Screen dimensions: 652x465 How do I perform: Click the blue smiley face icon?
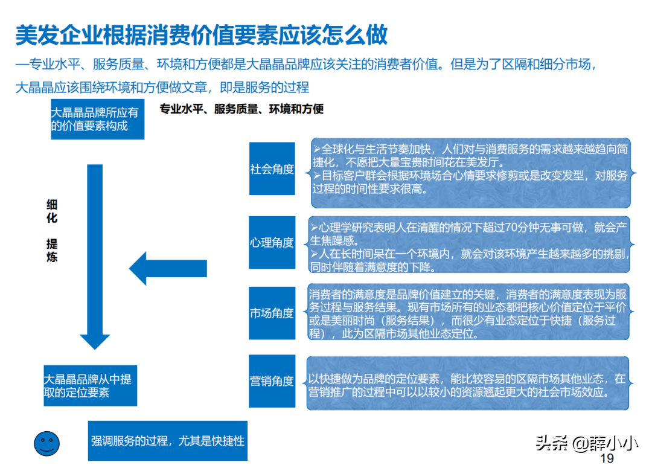[x=46, y=443]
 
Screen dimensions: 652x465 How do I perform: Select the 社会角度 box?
[x=272, y=168]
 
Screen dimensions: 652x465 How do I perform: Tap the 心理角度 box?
[x=272, y=242]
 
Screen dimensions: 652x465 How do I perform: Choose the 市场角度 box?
[x=272, y=313]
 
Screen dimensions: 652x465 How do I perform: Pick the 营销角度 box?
[x=272, y=380]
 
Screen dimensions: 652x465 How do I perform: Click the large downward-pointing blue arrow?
[x=95, y=257]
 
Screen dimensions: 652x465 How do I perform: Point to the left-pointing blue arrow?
[x=168, y=268]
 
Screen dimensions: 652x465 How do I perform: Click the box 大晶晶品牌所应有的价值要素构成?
[x=98, y=119]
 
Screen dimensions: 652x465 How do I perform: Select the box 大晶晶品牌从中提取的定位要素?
[x=90, y=385]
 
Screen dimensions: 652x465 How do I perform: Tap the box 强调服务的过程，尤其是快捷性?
[x=168, y=440]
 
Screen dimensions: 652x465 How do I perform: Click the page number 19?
[x=607, y=458]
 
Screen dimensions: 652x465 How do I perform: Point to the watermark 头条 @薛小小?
[x=587, y=443]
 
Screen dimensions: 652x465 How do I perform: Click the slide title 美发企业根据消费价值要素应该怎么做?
[x=202, y=35]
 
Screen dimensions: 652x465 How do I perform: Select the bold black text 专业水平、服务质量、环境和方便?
[x=241, y=109]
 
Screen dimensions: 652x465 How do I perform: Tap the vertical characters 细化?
[x=52, y=211]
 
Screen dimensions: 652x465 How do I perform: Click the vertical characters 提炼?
[x=52, y=251]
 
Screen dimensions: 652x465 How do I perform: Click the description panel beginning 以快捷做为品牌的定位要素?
[x=468, y=383]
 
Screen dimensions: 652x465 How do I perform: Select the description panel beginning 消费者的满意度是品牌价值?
[x=468, y=312]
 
